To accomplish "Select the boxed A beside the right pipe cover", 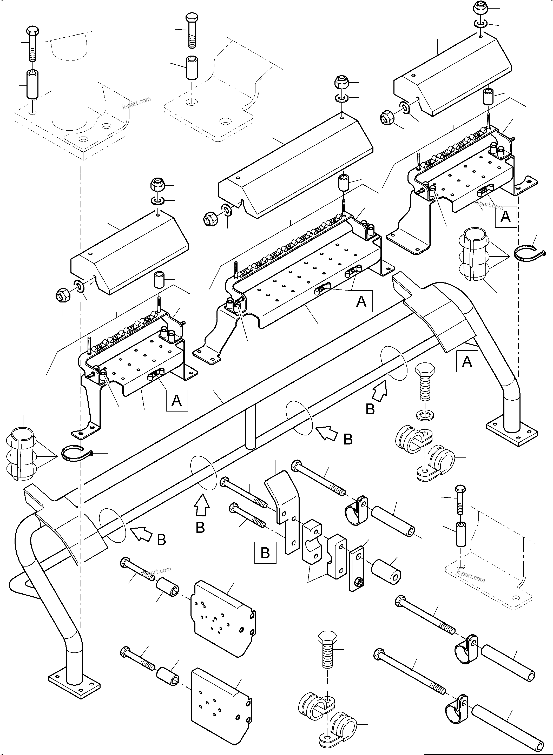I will (x=467, y=361).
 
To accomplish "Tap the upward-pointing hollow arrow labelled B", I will (x=202, y=507).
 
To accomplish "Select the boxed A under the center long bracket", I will (x=361, y=301).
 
